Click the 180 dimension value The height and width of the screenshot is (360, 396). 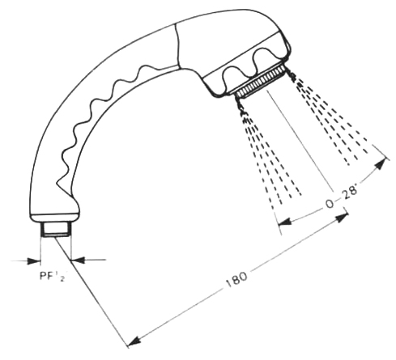coord(236,279)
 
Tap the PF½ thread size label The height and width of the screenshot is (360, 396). coord(53,276)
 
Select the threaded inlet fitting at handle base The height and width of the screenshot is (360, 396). coord(56,230)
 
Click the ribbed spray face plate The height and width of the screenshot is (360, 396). coord(260,82)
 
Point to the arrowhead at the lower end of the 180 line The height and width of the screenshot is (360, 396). coord(134,341)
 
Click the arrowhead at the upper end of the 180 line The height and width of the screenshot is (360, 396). coord(341,217)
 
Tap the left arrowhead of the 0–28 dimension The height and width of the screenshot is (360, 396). coord(285,222)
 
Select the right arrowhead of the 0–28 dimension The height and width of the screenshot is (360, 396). coord(380,163)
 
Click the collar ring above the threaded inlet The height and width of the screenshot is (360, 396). coord(54,218)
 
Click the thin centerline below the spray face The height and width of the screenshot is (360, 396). coord(300,139)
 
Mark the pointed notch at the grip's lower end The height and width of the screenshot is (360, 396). coord(57,184)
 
